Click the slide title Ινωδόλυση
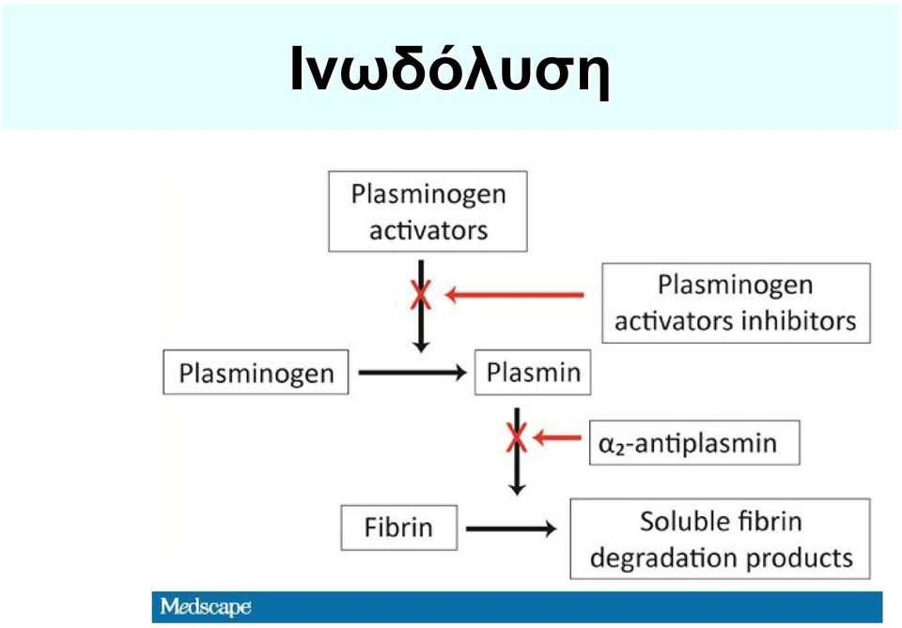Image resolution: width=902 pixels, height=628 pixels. click(x=450, y=68)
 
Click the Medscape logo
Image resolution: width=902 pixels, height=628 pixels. click(x=206, y=606)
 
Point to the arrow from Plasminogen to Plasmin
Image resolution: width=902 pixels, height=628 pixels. click(x=412, y=373)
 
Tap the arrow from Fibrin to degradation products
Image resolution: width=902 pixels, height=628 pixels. click(x=511, y=528)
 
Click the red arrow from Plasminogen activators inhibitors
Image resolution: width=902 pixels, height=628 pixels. click(x=515, y=295)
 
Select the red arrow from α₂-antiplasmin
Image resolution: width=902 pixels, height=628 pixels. click(x=557, y=437)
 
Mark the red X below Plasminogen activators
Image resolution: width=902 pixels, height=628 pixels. click(x=421, y=295)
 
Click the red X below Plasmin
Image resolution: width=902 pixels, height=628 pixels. click(x=517, y=437)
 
